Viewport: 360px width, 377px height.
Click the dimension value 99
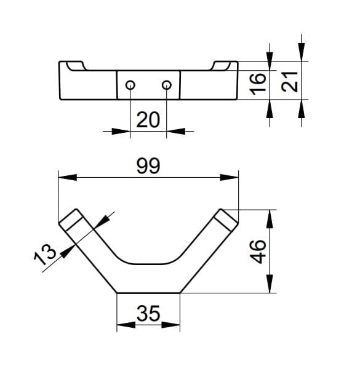click(148, 165)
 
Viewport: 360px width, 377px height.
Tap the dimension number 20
click(148, 120)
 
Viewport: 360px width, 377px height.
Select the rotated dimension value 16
click(258, 84)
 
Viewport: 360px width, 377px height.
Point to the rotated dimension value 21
click(289, 82)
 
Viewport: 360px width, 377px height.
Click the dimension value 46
click(258, 252)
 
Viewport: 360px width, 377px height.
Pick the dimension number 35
click(148, 313)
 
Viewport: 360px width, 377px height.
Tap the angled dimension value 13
click(45, 255)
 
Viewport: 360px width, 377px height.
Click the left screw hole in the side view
click(130, 85)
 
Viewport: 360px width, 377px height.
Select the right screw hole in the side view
click(167, 85)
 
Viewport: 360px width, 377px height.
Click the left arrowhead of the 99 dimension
click(68, 178)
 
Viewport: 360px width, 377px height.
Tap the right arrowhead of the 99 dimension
click(230, 178)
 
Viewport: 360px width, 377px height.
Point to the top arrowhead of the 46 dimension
click(270, 219)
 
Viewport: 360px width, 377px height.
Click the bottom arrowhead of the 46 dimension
click(270, 284)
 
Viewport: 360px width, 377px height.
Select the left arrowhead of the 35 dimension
click(126, 325)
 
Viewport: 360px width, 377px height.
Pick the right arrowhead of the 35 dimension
click(170, 325)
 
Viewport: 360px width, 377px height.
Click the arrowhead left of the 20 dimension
click(121, 131)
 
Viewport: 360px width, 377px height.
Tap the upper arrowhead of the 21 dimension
click(302, 52)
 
